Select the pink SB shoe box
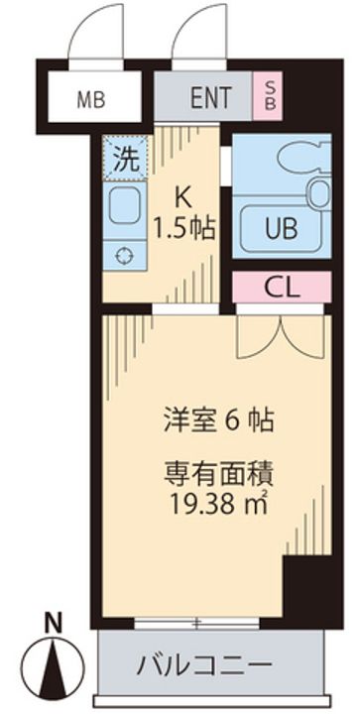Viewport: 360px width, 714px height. coord(268,98)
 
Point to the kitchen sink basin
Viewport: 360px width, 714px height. coord(124,209)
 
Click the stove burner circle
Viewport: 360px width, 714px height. coord(124,256)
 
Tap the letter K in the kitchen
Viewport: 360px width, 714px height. coord(183,194)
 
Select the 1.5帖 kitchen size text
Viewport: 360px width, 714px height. coord(185,226)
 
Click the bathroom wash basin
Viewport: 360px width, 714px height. coord(318,195)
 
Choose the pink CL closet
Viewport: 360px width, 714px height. coord(283,287)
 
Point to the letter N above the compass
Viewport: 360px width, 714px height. coord(56,624)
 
